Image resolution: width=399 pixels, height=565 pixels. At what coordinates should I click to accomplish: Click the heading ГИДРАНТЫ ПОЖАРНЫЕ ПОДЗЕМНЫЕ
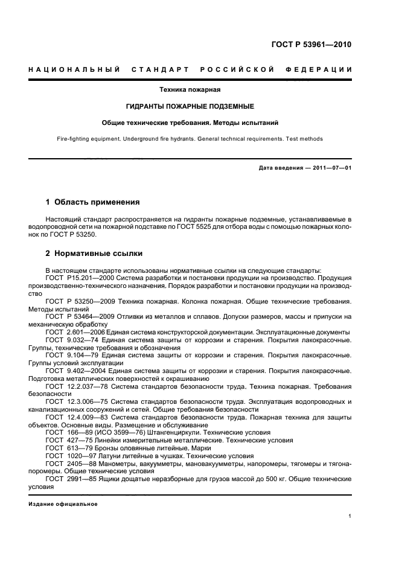[190, 106]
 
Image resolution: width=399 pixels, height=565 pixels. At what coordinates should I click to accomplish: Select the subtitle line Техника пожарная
[190, 90]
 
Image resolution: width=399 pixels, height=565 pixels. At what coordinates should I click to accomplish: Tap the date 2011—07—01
[326, 168]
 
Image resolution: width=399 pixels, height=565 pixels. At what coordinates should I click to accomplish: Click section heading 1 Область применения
[93, 202]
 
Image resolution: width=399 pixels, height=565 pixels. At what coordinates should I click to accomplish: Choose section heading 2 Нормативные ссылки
[95, 254]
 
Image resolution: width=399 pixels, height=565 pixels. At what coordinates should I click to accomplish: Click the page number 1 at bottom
[350, 516]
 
